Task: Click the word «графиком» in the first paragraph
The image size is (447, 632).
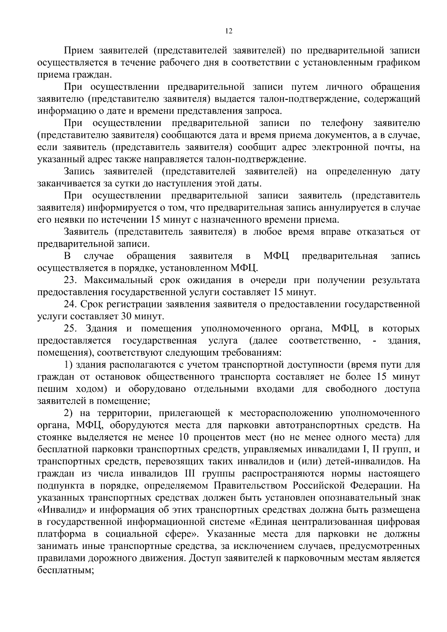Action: click(398, 62)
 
